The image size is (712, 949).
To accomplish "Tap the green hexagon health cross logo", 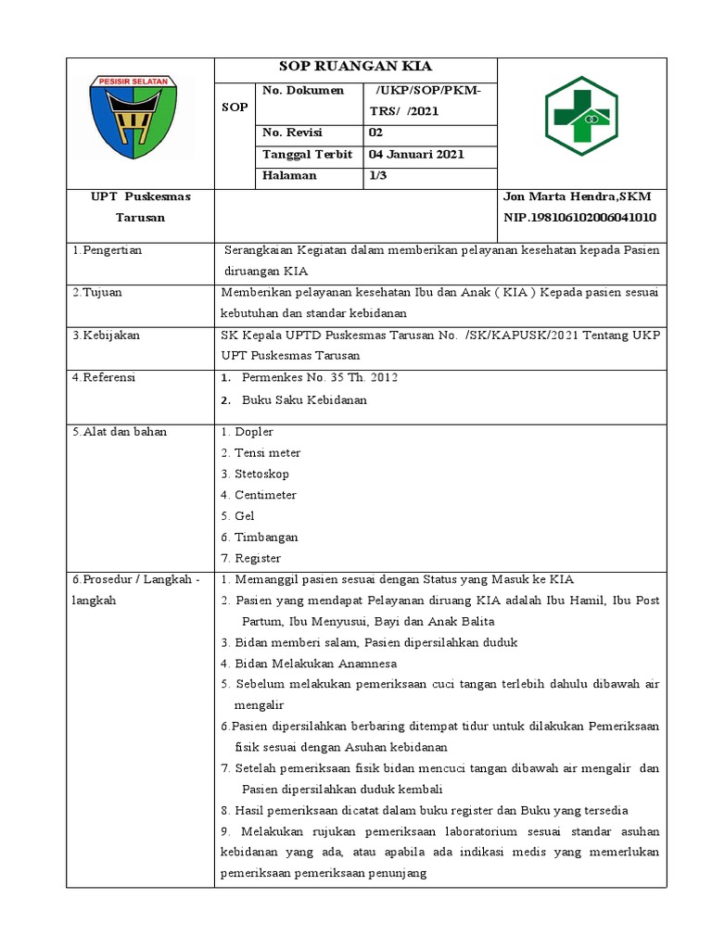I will [580, 116].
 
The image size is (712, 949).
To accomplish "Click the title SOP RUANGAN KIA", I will [356, 67].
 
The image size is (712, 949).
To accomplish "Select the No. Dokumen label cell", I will [303, 91].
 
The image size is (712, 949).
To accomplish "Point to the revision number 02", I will [375, 133].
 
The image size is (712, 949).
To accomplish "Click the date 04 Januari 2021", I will [416, 155].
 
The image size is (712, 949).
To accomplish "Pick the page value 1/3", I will [378, 176].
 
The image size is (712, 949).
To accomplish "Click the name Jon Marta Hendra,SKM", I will [576, 197].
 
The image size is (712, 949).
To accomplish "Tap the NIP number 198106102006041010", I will [578, 218].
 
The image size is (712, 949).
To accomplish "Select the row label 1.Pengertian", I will [108, 250].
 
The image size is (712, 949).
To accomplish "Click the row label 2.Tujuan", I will [97, 293].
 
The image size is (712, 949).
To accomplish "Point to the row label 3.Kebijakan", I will [106, 335].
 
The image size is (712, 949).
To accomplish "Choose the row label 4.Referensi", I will [104, 378].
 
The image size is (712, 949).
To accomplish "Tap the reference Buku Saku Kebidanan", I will [304, 400].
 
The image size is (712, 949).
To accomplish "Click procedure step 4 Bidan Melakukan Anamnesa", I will [309, 664].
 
